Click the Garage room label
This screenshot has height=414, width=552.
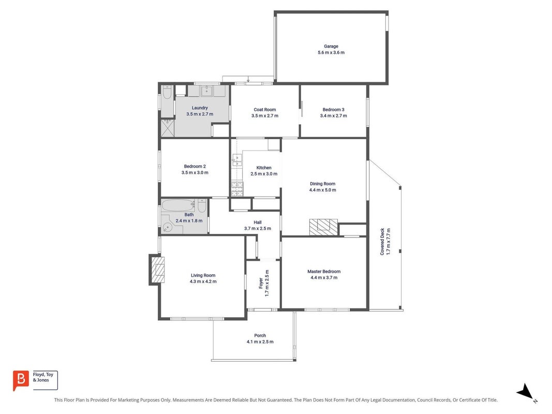pyautogui.click(x=331, y=46)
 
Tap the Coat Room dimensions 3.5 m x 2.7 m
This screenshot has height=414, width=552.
pyautogui.click(x=265, y=116)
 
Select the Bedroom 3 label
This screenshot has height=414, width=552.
pyautogui.click(x=333, y=110)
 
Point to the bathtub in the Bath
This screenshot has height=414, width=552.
pyautogui.click(x=178, y=205)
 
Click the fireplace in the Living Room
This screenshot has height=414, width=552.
pyautogui.click(x=157, y=270)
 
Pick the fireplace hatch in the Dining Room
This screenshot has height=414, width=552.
pyautogui.click(x=323, y=227)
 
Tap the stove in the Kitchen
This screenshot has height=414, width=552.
pyautogui.click(x=237, y=189)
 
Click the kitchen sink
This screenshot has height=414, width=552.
pyautogui.click(x=237, y=160)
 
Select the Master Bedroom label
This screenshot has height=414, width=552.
pyautogui.click(x=324, y=271)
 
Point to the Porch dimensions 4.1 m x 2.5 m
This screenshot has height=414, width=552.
pyautogui.click(x=260, y=342)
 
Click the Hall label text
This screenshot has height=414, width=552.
pyautogui.click(x=258, y=223)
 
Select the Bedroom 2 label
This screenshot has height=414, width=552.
pyautogui.click(x=195, y=166)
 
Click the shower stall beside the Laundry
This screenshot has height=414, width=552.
pyautogui.click(x=168, y=128)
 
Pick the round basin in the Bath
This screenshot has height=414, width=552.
pyautogui.click(x=168, y=227)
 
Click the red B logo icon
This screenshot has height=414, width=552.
pyautogui.click(x=21, y=380)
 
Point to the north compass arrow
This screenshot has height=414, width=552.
pyautogui.click(x=525, y=392)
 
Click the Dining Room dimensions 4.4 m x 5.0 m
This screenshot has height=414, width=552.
pyautogui.click(x=323, y=190)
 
